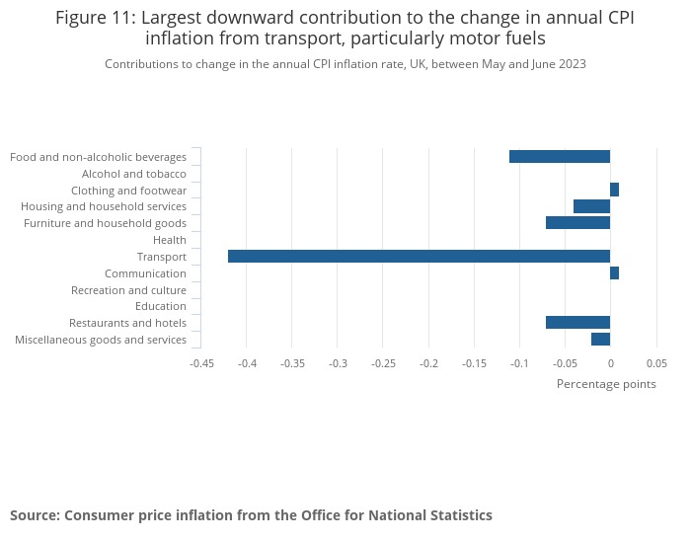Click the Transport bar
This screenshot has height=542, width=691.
(x=419, y=257)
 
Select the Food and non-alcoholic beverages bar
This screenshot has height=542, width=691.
(x=560, y=157)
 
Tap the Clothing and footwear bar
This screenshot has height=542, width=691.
(x=614, y=190)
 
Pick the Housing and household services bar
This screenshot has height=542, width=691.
(x=591, y=206)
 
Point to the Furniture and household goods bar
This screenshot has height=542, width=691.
(x=577, y=223)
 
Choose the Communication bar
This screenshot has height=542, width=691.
(x=614, y=273)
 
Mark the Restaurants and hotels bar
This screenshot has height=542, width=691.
(x=577, y=323)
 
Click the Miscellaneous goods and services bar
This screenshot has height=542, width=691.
(x=600, y=340)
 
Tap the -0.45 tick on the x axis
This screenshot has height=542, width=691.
(x=201, y=363)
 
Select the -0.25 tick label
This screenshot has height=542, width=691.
(x=383, y=363)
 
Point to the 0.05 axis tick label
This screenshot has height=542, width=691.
(x=655, y=363)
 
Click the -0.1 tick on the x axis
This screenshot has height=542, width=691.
(x=519, y=363)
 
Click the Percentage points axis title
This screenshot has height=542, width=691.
(x=605, y=384)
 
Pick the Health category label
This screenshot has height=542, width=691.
(x=170, y=240)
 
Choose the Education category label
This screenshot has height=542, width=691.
(x=161, y=306)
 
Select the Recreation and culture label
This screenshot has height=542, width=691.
(x=128, y=290)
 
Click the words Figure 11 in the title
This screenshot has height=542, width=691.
(x=96, y=18)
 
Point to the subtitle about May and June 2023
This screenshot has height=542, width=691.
(x=345, y=64)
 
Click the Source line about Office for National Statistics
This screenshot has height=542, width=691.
(x=251, y=515)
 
